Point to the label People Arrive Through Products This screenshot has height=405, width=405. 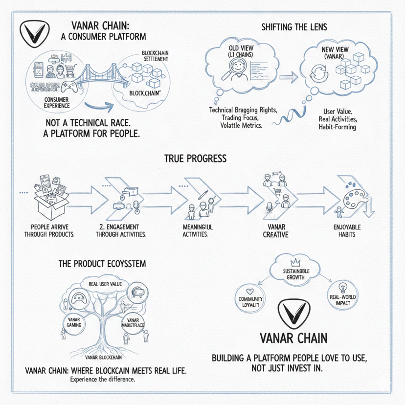coord(49,230)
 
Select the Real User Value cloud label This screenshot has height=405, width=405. coord(102,284)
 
